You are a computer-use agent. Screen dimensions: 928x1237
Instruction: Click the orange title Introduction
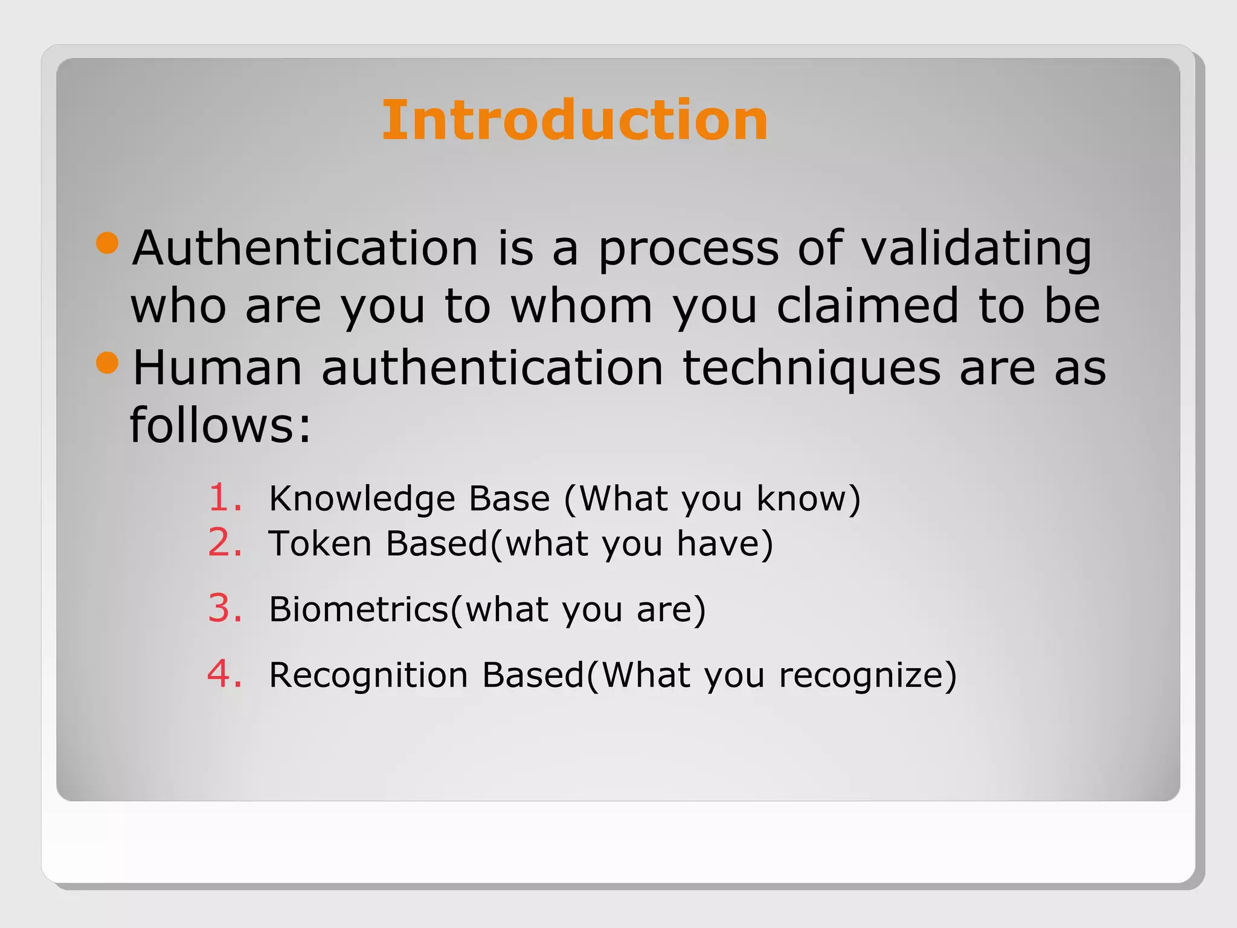[x=574, y=120]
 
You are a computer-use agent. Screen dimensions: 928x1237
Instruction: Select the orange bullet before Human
[x=108, y=362]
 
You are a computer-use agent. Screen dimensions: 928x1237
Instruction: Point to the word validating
[x=976, y=249]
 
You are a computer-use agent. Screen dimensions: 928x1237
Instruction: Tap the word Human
[x=217, y=367]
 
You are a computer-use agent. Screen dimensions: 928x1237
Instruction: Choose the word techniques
[x=811, y=369]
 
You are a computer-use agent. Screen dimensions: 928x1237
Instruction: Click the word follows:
[x=220, y=425]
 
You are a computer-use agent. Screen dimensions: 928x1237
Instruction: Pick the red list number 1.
[x=225, y=498]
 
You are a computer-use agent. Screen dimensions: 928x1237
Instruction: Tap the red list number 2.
[x=225, y=543]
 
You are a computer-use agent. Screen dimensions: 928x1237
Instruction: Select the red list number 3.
[x=225, y=608]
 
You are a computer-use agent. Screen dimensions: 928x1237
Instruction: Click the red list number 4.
[x=225, y=674]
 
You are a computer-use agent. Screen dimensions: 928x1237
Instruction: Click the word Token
[x=320, y=543]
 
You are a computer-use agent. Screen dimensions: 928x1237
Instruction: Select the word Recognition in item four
[x=368, y=675]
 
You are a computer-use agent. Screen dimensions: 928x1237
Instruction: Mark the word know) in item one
[x=808, y=498]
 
